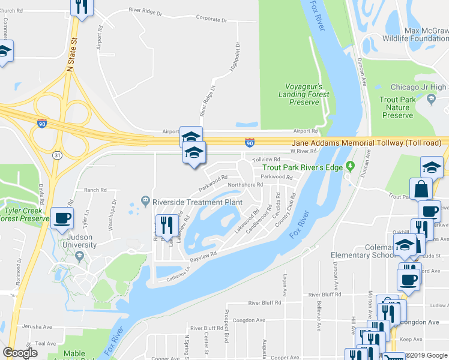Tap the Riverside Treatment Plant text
[x=197, y=202]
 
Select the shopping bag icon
[x=421, y=188]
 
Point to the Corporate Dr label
[x=211, y=19]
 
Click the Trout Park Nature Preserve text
[x=397, y=107]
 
